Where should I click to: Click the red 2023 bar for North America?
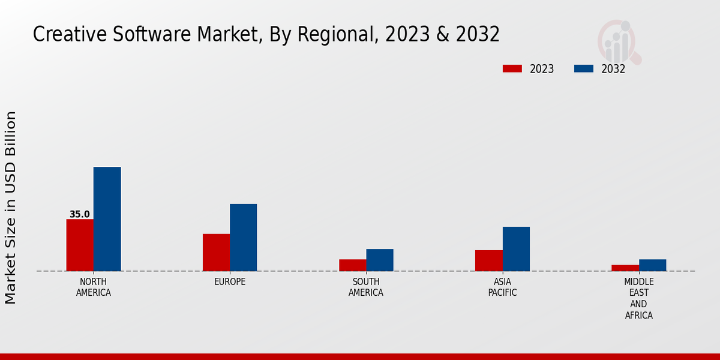point(80,245)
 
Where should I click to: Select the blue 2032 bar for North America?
point(107,219)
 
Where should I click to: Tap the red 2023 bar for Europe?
point(216,252)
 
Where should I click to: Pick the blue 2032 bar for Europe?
point(243,238)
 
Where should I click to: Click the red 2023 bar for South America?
point(352,265)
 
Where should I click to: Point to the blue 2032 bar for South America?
point(380,260)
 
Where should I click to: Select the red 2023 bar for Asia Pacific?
point(488,260)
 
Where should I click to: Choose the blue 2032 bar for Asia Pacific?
point(516,248)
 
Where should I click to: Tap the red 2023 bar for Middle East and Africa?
point(625,268)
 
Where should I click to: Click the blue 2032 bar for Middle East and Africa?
point(652,265)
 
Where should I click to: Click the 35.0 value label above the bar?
point(79,214)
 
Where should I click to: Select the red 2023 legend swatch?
point(512,68)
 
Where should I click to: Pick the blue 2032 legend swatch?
point(583,68)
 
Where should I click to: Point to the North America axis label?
point(93,287)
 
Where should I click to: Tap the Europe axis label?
point(230,282)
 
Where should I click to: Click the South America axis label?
point(366,287)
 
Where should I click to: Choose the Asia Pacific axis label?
point(502,287)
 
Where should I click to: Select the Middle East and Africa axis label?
point(638,298)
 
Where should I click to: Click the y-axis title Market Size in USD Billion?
point(11,208)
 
